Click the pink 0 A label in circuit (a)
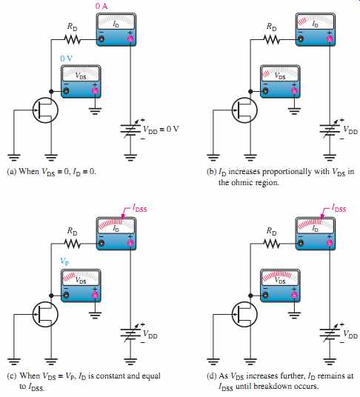point(101,6)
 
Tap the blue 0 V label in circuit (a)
point(66,59)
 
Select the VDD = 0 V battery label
point(161,130)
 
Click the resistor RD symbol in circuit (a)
point(73,39)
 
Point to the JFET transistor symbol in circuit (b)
point(244,110)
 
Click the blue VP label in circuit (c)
point(64,261)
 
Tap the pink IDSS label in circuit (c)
point(140,208)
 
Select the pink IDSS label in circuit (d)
point(339,208)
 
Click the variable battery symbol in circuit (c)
point(130,333)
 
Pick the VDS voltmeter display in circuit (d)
point(280,278)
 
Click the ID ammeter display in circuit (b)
point(316,21)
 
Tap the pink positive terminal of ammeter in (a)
point(130,39)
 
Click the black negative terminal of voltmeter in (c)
point(67,295)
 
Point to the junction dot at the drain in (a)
point(51,91)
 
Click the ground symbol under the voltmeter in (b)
point(294,110)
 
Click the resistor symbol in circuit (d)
point(272,244)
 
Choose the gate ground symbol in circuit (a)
point(14,157)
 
